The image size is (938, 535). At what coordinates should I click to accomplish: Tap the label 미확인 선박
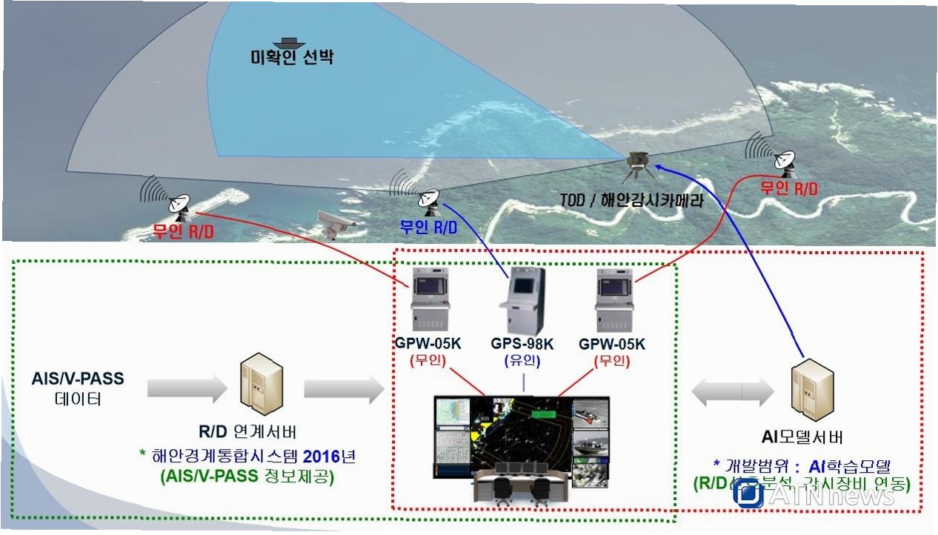[x=292, y=57]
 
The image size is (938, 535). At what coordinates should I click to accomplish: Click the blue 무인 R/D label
[x=429, y=227]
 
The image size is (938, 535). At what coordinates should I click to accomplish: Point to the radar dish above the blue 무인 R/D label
[x=428, y=197]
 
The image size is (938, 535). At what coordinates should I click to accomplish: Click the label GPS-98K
[x=522, y=345]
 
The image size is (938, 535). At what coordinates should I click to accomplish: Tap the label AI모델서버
[x=802, y=437]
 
